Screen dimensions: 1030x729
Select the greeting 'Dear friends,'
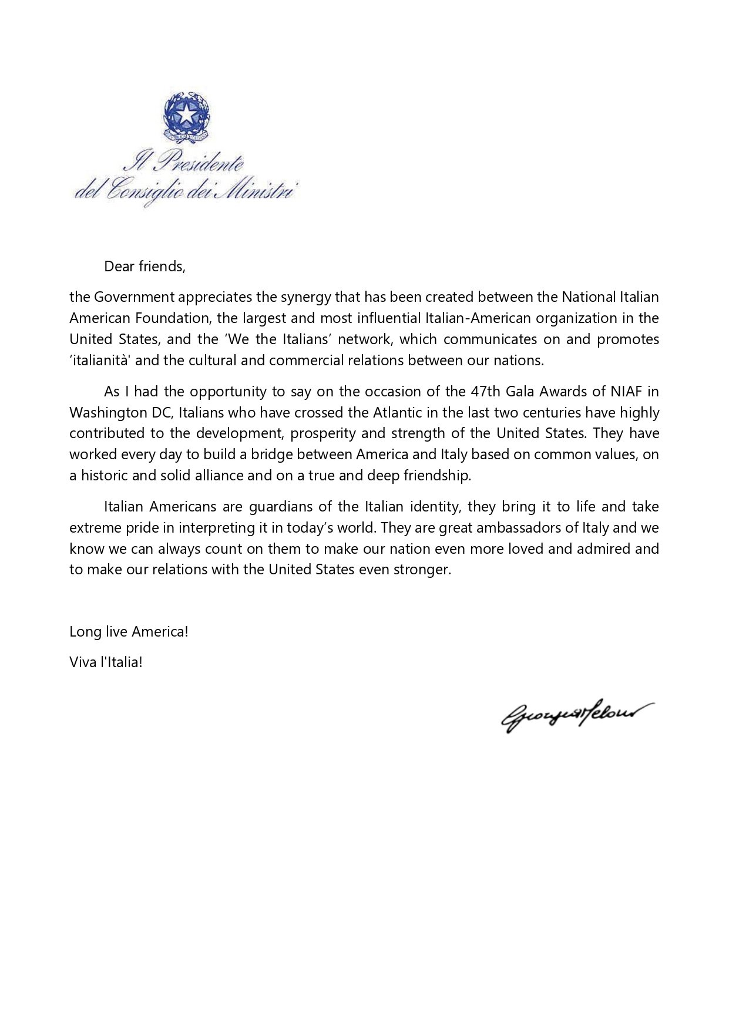tap(145, 267)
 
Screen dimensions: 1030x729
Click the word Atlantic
tap(397, 412)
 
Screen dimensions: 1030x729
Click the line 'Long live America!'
tap(129, 632)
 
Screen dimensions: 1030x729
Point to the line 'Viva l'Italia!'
tap(106, 662)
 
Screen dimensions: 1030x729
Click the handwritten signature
tap(569, 715)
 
